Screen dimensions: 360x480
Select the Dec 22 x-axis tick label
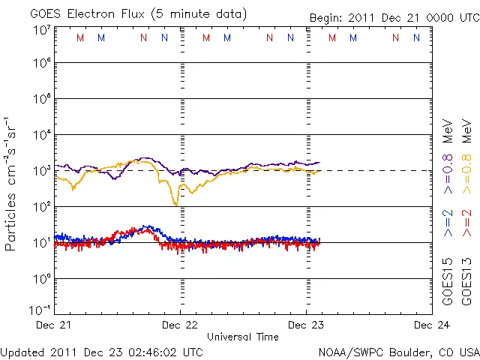click(x=181, y=325)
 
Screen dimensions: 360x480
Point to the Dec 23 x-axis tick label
click(x=306, y=325)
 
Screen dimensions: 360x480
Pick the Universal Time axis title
click(x=243, y=337)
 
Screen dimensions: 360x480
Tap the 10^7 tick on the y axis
click(x=41, y=30)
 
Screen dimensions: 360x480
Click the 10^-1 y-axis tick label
click(x=40, y=310)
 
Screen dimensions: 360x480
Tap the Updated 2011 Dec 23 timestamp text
click(x=101, y=351)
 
